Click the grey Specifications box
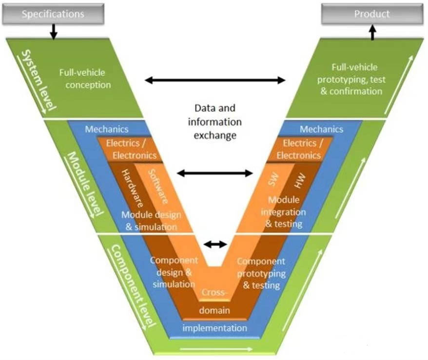click(53, 14)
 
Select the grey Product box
click(371, 14)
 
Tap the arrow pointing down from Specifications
click(54, 32)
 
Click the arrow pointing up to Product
click(372, 33)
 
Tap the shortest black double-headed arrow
click(215, 244)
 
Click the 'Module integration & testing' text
click(283, 212)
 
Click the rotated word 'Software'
click(158, 186)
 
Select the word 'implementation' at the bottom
click(214, 328)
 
